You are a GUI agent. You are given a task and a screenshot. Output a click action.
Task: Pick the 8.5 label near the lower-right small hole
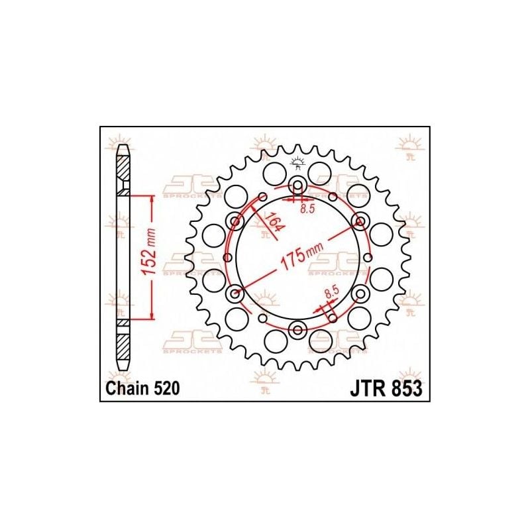coord(333,290)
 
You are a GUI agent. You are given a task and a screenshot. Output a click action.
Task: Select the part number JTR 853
coord(385,389)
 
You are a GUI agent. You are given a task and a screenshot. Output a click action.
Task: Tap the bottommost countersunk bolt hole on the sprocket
coord(297,329)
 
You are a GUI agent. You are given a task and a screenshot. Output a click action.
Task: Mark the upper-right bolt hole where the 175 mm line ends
coord(360,221)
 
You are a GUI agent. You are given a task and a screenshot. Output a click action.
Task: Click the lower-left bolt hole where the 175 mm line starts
coord(234,293)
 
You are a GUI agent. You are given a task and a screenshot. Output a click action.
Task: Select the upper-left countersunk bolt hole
coord(234,221)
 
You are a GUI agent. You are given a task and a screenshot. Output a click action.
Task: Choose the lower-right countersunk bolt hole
coord(360,293)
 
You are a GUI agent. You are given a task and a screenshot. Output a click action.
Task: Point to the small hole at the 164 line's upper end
coord(263,197)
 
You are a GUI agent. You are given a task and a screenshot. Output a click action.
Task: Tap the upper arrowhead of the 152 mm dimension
coord(153,199)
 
